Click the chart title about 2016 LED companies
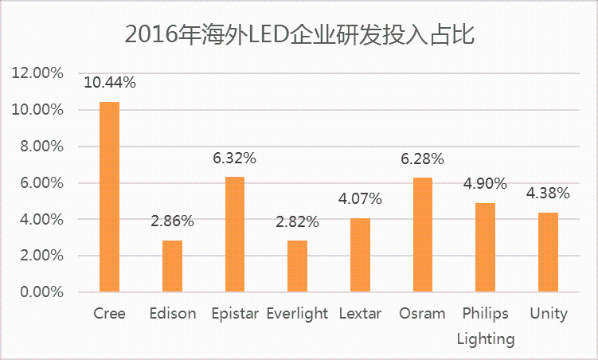pyautogui.click(x=300, y=34)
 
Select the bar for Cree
pyautogui.click(x=109, y=197)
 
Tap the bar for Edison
pyautogui.click(x=172, y=266)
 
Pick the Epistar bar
pyautogui.click(x=234, y=234)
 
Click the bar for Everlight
pyautogui.click(x=297, y=266)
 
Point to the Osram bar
pyautogui.click(x=423, y=235)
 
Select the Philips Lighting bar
pyautogui.click(x=485, y=248)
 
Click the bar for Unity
pyautogui.click(x=548, y=252)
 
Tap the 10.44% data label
pyautogui.click(x=109, y=83)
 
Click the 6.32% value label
pyautogui.click(x=234, y=158)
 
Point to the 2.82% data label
pyautogui.click(x=297, y=221)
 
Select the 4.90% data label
pyautogui.click(x=485, y=184)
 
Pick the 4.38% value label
pyautogui.click(x=548, y=193)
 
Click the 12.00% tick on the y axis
pyautogui.click(x=37, y=73)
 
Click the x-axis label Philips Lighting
pyautogui.click(x=485, y=326)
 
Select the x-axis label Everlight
pyautogui.click(x=297, y=313)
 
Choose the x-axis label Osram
pyautogui.click(x=423, y=313)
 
